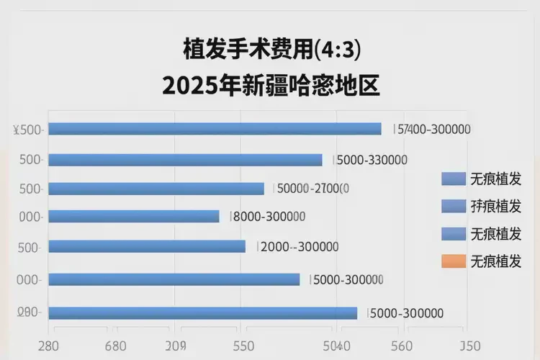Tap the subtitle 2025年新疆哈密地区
click(x=270, y=86)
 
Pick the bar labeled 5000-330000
click(x=185, y=160)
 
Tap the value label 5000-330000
click(x=372, y=160)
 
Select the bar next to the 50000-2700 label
click(x=156, y=189)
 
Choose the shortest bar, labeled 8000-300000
click(x=134, y=216)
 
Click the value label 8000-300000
click(x=269, y=216)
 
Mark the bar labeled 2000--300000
click(x=147, y=246)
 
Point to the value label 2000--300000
click(x=299, y=246)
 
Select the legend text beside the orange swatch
click(x=495, y=261)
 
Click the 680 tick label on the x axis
click(x=117, y=346)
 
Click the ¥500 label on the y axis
click(x=29, y=130)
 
